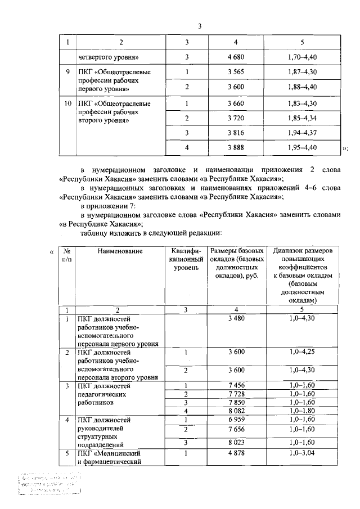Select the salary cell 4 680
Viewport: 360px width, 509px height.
pyautogui.click(x=236, y=57)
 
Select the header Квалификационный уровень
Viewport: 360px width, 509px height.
pyautogui.click(x=186, y=259)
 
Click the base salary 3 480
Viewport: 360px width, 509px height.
pyautogui.click(x=236, y=319)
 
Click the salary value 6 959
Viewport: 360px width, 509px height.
pyautogui.click(x=236, y=420)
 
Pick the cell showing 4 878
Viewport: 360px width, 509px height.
pyautogui.click(x=236, y=453)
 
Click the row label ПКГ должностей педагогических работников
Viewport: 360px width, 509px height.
pyautogui.click(x=105, y=395)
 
